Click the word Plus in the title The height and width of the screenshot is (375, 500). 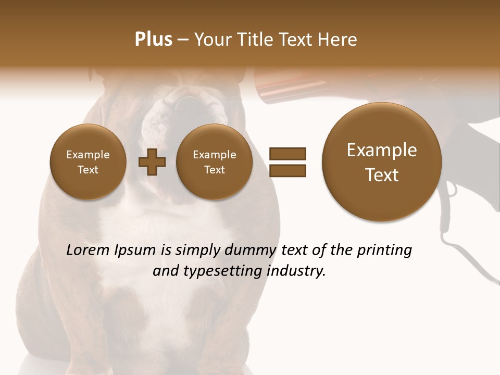click(x=153, y=40)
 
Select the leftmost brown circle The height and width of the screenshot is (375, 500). click(x=87, y=162)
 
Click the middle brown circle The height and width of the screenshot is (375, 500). click(x=214, y=162)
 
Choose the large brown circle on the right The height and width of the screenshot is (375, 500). click(x=382, y=162)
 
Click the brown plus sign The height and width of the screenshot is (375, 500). click(x=152, y=162)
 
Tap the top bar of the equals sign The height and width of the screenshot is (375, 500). click(x=287, y=154)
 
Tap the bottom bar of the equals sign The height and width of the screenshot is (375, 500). click(x=287, y=170)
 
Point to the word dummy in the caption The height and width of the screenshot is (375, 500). click(x=251, y=251)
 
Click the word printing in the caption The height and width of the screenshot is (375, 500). click(x=384, y=251)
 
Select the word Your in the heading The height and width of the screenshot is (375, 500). click(x=212, y=40)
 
